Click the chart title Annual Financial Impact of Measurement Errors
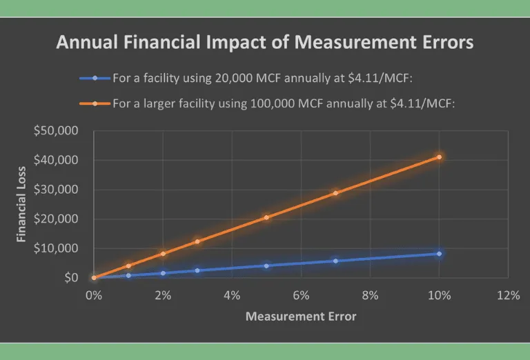(x=265, y=43)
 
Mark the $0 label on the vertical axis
(x=72, y=278)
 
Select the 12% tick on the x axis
(x=508, y=295)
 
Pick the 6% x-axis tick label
(x=301, y=295)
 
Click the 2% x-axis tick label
(x=163, y=295)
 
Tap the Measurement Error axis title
(x=301, y=317)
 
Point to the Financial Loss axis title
(x=21, y=204)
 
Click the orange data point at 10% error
(x=439, y=157)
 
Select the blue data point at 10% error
(x=439, y=254)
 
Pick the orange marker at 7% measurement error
(x=335, y=193)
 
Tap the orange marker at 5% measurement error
(x=266, y=217)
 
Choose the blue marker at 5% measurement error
(x=266, y=266)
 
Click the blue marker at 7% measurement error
(x=335, y=261)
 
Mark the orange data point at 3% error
(x=197, y=241)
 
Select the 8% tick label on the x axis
(x=370, y=295)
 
